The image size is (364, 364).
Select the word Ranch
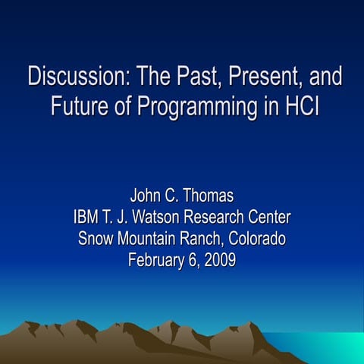coord(203,240)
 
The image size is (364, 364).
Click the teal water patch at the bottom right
coord(334,345)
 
